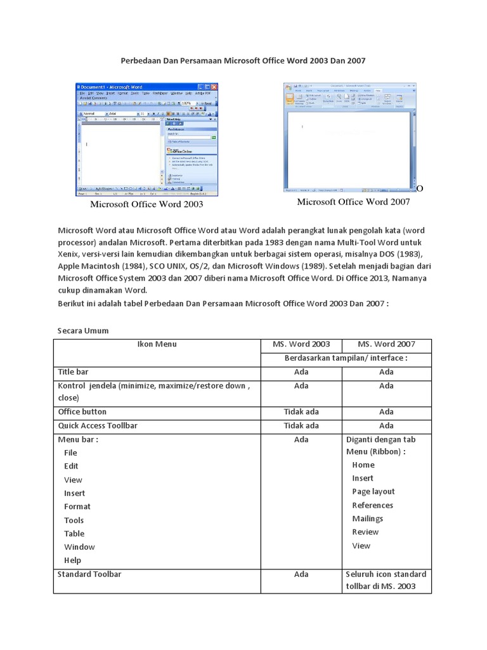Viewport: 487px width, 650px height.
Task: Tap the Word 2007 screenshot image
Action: [349, 136]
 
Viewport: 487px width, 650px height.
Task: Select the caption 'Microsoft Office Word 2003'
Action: [146, 204]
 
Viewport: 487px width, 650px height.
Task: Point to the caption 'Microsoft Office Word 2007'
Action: [354, 202]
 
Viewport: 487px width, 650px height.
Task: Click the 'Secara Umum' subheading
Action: [82, 330]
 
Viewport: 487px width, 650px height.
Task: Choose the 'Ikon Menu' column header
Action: [157, 344]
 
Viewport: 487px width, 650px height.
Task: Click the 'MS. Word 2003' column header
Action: [301, 344]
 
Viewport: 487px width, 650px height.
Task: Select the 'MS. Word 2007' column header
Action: [386, 344]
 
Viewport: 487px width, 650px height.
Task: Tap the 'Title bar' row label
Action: [74, 371]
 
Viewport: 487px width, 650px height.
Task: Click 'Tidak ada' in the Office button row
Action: [301, 411]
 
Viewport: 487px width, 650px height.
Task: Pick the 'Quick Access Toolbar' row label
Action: [98, 425]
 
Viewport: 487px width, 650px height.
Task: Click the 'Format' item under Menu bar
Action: [77, 507]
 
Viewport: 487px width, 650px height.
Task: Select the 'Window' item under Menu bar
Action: [79, 547]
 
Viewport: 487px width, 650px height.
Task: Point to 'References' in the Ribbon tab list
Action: [372, 505]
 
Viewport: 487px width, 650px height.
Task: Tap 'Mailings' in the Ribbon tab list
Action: [368, 519]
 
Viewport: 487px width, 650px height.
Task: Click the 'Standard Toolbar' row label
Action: [89, 574]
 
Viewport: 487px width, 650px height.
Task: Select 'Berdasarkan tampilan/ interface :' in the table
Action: [345, 358]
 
